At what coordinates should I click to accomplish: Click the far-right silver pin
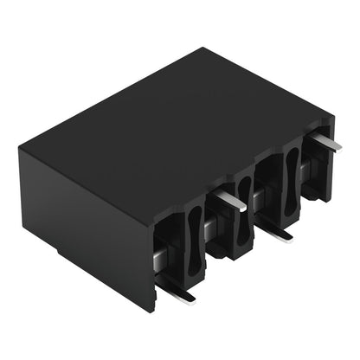click(325, 140)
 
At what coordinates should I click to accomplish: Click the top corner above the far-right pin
click(332, 112)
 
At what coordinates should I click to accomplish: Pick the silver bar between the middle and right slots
click(260, 198)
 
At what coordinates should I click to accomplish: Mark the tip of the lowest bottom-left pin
click(192, 299)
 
